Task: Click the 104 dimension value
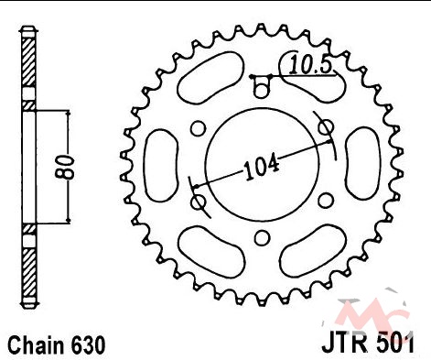click(x=262, y=167)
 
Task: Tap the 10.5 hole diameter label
click(x=310, y=65)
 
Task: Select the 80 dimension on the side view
click(x=64, y=167)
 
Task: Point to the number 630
click(x=88, y=345)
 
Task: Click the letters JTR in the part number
click(x=344, y=344)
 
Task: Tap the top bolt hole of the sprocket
click(x=262, y=90)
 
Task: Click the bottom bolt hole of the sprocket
click(x=262, y=238)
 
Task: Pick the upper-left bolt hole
click(x=198, y=127)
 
